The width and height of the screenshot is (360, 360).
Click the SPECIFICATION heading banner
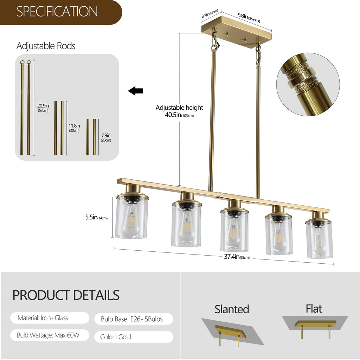pyautogui.click(x=58, y=12)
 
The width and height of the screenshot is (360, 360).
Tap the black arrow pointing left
pyautogui.click(x=135, y=91)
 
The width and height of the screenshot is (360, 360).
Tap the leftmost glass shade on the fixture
pyautogui.click(x=131, y=218)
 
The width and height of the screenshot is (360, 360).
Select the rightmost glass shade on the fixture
pyautogui.click(x=319, y=239)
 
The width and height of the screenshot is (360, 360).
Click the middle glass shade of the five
pyautogui.click(x=234, y=230)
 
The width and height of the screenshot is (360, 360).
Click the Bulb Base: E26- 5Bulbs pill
pyautogui.click(x=134, y=319)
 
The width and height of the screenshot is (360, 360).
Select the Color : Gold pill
pyautogui.click(x=134, y=337)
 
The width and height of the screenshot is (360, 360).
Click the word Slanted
pyautogui.click(x=232, y=309)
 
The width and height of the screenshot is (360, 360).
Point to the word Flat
pyautogui.click(x=314, y=309)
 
